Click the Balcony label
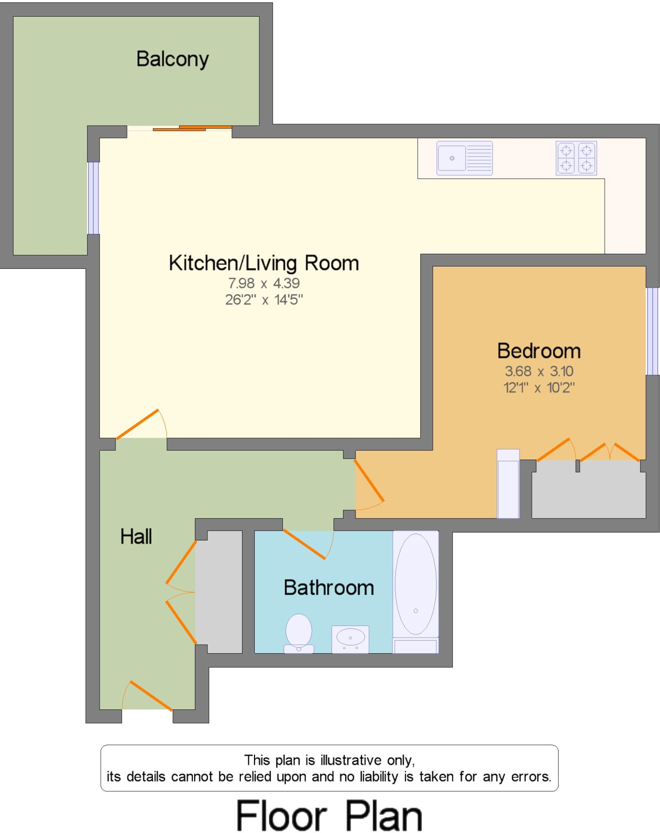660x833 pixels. [x=172, y=59]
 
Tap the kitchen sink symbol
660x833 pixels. [x=464, y=158]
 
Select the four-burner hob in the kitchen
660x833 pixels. [x=576, y=158]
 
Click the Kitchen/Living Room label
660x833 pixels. [x=264, y=263]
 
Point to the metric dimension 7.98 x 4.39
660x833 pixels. [x=264, y=283]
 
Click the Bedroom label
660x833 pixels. [x=539, y=351]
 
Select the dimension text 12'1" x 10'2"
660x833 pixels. [x=539, y=388]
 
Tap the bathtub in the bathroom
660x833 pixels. [x=415, y=584]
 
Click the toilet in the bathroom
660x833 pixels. [x=299, y=633]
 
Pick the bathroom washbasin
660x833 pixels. [x=350, y=639]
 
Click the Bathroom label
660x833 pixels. [x=329, y=588]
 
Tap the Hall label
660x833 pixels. [x=136, y=536]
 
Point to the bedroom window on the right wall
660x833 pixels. [x=652, y=331]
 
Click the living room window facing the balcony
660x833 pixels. [x=94, y=198]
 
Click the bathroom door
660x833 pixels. [x=304, y=544]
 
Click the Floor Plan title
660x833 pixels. [x=329, y=815]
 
